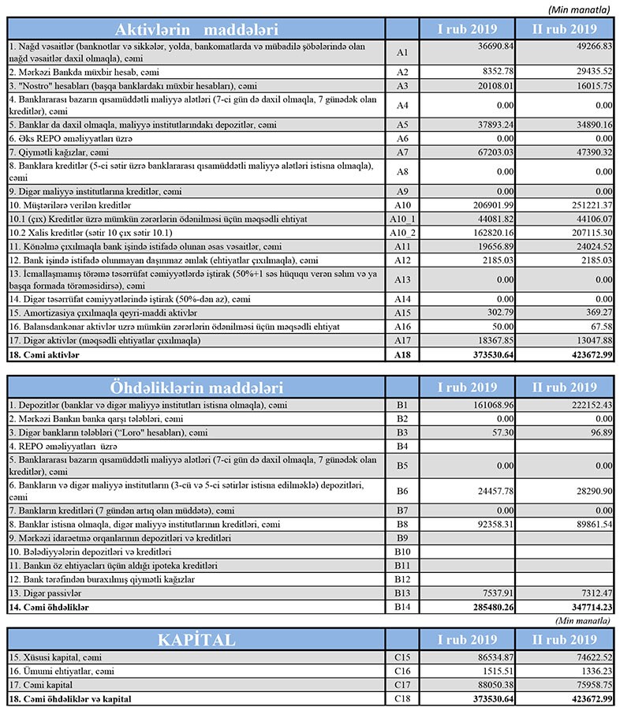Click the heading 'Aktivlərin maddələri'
[196, 29]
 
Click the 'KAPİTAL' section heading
[196, 639]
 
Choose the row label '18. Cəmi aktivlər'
[47, 356]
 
